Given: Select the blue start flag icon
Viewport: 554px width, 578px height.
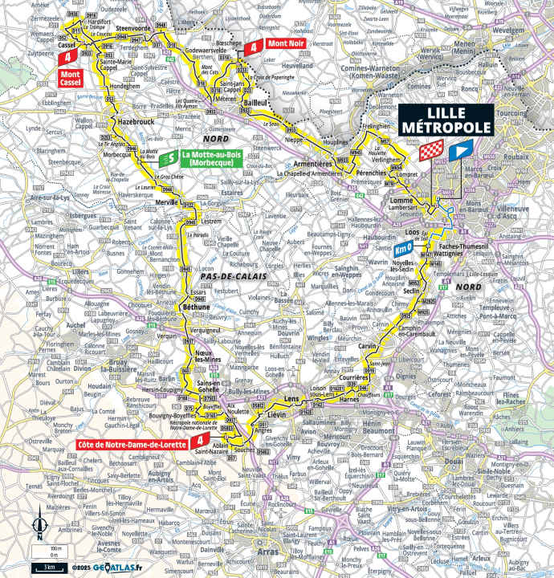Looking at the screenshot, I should [460, 150].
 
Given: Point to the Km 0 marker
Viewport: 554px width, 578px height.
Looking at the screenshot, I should [404, 250].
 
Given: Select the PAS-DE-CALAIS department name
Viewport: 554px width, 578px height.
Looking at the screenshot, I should [230, 275].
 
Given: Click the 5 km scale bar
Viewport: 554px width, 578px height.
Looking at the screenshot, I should [50, 567].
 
